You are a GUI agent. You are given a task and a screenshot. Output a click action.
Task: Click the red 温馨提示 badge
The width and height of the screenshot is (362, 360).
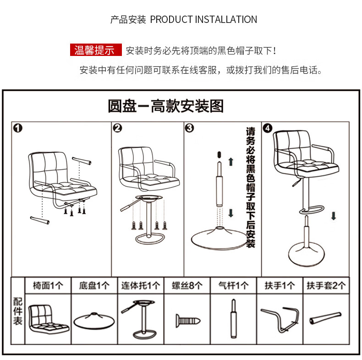[x=96, y=50]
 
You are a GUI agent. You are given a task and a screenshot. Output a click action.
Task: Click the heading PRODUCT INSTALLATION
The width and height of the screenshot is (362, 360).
[x=203, y=19]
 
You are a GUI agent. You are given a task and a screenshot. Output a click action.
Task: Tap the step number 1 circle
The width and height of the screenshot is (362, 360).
[x=18, y=128]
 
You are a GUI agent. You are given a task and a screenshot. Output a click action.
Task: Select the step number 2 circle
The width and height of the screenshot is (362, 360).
[x=117, y=128]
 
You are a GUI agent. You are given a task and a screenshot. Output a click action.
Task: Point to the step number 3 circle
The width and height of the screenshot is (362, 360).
[x=190, y=128]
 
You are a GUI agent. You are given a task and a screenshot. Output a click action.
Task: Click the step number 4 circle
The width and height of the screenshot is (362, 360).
[x=268, y=128]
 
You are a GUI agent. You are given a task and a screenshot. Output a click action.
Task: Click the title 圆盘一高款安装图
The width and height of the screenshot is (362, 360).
[x=166, y=106]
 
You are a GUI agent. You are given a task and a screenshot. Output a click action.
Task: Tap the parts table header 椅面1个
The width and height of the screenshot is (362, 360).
[x=48, y=286]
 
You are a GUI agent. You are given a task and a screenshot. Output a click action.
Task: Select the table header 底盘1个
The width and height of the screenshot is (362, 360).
[x=94, y=286]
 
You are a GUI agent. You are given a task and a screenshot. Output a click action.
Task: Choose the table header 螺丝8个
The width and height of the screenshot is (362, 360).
[x=187, y=286]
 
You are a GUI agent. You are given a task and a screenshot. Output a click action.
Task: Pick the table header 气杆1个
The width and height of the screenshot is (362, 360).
[x=233, y=286]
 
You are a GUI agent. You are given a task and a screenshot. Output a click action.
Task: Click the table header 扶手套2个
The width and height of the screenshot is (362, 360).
[x=326, y=286]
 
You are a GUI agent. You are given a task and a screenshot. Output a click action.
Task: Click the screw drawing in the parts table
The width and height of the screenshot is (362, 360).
[x=188, y=321]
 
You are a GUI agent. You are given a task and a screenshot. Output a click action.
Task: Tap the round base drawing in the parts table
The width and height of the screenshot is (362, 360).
[x=94, y=321]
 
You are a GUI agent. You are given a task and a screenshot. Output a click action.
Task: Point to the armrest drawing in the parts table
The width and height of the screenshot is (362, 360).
[x=280, y=319]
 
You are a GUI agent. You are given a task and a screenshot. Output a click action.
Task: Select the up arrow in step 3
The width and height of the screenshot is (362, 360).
[x=231, y=162]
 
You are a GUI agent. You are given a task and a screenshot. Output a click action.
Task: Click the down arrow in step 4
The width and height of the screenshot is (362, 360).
[x=334, y=216]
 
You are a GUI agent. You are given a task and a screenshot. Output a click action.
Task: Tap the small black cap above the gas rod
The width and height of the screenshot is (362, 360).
[x=219, y=155]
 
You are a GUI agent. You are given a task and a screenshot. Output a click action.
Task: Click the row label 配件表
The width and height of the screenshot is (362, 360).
[x=18, y=311]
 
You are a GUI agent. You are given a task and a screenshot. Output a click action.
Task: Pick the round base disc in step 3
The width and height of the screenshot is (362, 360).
[x=219, y=238]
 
